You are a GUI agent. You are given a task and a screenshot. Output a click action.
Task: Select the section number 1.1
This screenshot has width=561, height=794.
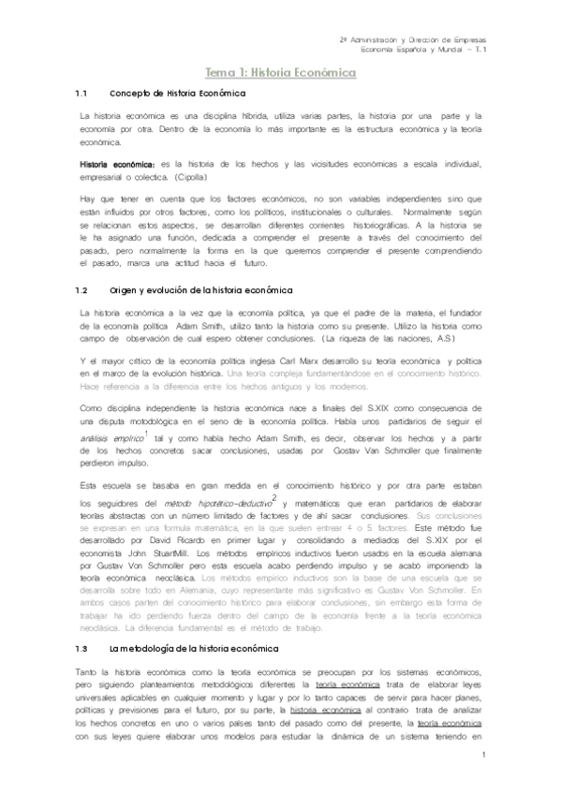tap(81, 95)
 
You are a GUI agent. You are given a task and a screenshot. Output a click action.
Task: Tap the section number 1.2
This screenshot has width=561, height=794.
tap(81, 290)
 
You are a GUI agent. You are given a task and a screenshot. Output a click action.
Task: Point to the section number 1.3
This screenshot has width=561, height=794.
tap(81, 648)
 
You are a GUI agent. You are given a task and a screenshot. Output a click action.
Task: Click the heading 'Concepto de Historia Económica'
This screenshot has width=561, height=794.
tap(177, 95)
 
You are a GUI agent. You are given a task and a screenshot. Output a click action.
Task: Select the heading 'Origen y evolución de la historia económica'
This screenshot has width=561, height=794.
tap(201, 290)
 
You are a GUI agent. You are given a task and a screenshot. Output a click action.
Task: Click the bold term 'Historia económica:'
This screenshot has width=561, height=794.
tap(117, 164)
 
